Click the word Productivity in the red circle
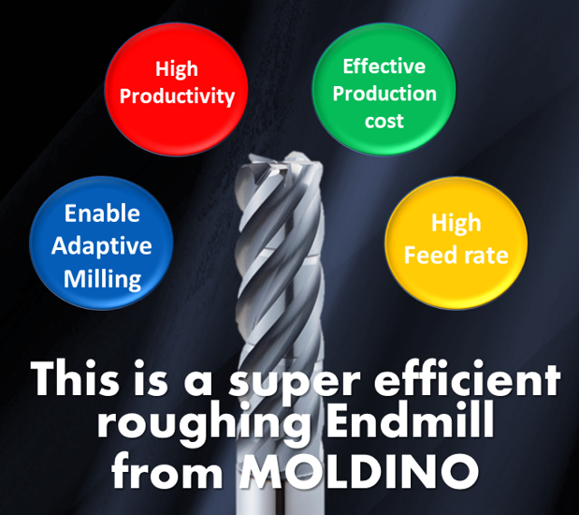tap(177, 96)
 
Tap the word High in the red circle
tap(177, 68)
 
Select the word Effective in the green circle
tap(384, 66)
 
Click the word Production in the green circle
tap(384, 94)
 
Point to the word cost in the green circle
tap(384, 122)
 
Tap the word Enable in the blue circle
tap(102, 213)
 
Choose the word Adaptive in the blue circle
tap(102, 246)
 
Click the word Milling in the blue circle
tap(102, 279)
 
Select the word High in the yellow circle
tap(456, 223)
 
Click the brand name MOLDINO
tap(359, 471)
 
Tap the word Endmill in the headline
tap(410, 420)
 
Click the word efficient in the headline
tap(467, 378)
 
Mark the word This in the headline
tap(75, 378)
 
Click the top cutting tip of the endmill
tap(296, 154)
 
